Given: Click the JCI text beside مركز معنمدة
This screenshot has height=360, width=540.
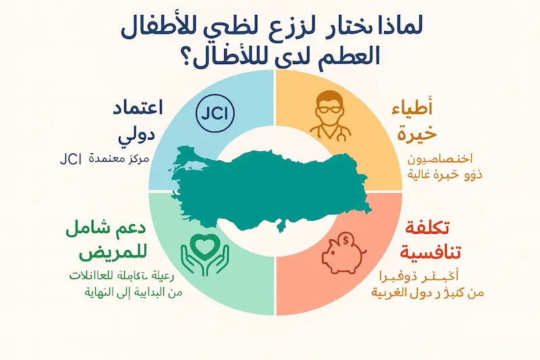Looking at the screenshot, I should click(70, 160).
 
